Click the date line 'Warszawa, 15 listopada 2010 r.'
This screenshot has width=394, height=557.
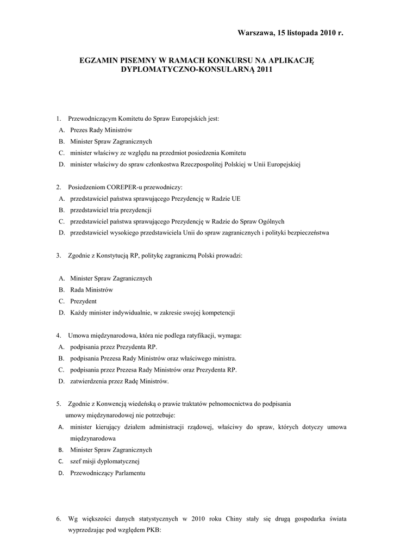click(291, 33)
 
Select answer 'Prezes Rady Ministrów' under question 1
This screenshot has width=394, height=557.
click(101, 130)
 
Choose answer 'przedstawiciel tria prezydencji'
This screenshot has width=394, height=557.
click(110, 210)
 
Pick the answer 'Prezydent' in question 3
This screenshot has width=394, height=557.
click(83, 301)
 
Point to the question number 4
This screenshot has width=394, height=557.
click(58, 336)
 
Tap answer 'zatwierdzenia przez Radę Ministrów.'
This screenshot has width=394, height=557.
click(119, 381)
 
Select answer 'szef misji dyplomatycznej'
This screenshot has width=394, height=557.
click(105, 461)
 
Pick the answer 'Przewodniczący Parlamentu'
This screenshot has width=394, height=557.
click(108, 473)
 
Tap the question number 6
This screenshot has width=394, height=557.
click(58, 518)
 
